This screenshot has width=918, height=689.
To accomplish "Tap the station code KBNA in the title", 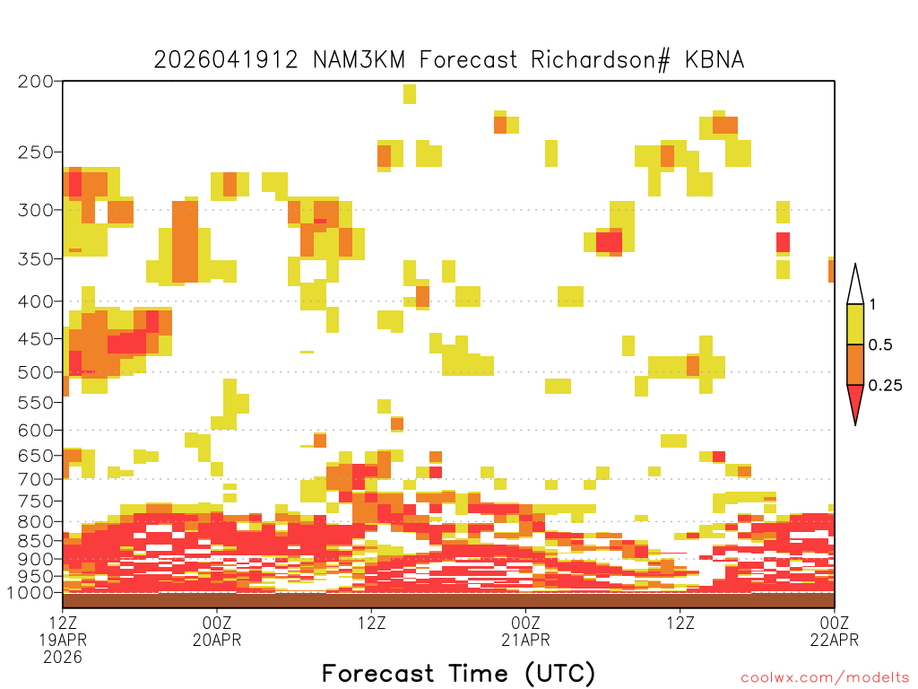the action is (714, 60).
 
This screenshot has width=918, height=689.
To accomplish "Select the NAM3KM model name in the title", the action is (359, 60).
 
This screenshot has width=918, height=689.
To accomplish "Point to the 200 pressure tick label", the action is (35, 82).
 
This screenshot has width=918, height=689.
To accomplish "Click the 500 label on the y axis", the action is (35, 372).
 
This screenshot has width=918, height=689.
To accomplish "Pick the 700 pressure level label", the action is (35, 480).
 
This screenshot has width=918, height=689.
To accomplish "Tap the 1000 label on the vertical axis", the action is (30, 593).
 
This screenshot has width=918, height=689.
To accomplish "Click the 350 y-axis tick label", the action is (35, 259).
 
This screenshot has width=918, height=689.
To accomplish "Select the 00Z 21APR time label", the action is (525, 631).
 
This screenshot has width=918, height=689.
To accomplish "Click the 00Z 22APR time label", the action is (835, 631).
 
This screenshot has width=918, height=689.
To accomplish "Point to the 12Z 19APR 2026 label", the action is (64, 640).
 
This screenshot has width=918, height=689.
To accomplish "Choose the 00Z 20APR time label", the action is (217, 631).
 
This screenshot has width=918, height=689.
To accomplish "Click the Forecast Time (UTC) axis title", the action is (458, 674).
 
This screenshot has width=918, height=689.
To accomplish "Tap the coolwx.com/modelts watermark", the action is (825, 678).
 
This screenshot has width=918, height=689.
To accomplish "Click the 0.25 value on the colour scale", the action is (885, 386).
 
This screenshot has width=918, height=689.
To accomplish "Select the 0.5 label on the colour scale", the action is (880, 345).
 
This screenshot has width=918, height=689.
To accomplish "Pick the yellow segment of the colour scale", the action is (855, 324).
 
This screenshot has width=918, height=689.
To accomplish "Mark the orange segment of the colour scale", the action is (855, 364).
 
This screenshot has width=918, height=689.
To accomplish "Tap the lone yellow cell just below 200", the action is (410, 94).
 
